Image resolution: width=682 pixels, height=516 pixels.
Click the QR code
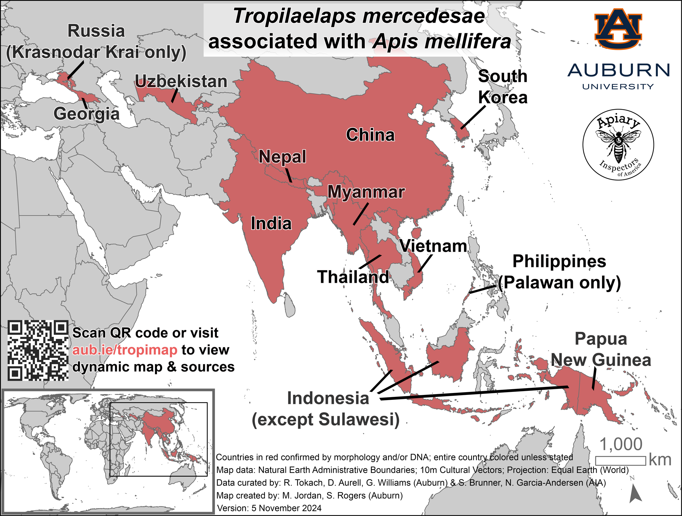coord(38,350)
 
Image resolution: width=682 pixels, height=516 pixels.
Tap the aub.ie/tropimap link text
coord(125,350)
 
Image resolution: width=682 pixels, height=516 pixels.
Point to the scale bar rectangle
coord(620,461)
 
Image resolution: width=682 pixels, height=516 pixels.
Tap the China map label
coord(370,135)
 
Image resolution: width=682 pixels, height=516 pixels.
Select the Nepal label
coord(282,157)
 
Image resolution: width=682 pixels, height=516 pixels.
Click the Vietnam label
coord(433,246)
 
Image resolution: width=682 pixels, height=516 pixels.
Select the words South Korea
coord(502,87)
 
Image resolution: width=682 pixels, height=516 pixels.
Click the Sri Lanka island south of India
coord(289,305)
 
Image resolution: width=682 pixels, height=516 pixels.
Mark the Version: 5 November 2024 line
coord(269,508)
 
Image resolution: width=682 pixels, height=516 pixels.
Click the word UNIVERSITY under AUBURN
coord(618,87)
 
